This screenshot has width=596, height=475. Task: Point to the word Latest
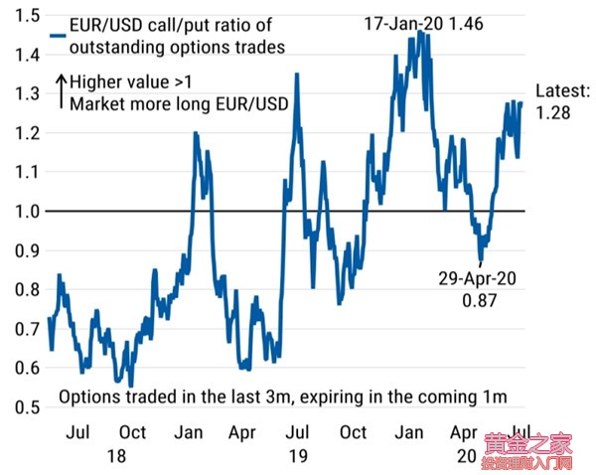point(562,91)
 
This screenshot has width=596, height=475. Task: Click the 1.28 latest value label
point(554,113)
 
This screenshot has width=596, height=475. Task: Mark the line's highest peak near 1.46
point(420,32)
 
